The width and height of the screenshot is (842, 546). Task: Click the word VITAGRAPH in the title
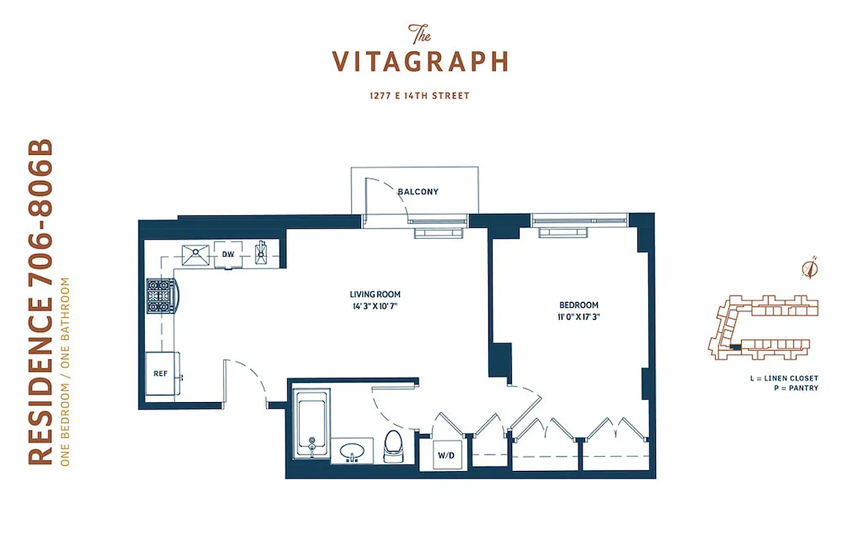(x=420, y=62)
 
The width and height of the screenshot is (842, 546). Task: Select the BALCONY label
(x=418, y=192)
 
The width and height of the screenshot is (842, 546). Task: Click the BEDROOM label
(x=578, y=305)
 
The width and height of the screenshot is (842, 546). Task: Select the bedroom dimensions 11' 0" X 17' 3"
(x=578, y=317)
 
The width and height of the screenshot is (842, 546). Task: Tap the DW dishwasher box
(x=228, y=255)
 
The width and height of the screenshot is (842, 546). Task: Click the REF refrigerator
(x=161, y=374)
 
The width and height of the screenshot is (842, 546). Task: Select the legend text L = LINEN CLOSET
(x=783, y=378)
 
